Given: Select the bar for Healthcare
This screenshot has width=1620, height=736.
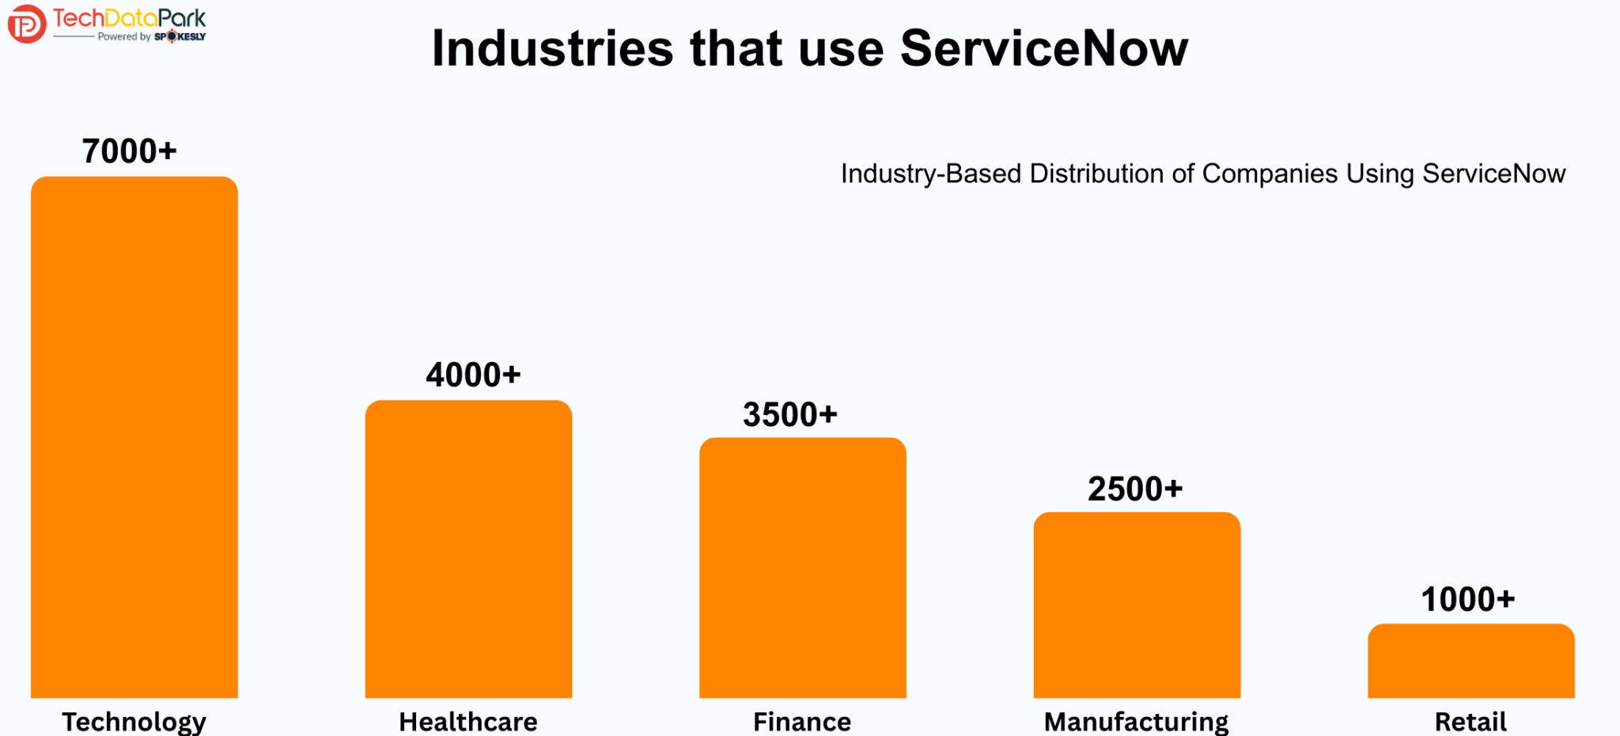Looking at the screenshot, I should [x=468, y=549].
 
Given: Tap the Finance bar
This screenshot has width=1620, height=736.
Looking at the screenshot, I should [x=802, y=568].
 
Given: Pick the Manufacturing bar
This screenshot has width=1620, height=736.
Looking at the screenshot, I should [x=1137, y=605].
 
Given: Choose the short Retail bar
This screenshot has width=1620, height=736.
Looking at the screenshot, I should [x=1470, y=661].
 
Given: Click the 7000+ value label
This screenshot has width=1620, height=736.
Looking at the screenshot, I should [x=130, y=151].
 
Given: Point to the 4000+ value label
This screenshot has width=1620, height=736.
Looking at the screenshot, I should [x=473, y=375].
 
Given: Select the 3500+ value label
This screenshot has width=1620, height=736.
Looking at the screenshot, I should [x=789, y=414].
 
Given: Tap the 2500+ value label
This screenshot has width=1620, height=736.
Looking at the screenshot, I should [x=1135, y=489].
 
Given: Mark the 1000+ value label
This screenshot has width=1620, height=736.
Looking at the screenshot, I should [x=1468, y=599].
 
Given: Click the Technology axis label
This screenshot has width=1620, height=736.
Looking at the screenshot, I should [x=134, y=722].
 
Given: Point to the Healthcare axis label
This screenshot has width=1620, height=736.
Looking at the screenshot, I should [x=468, y=722].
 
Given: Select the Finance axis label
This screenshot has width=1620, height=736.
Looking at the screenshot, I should [x=802, y=722].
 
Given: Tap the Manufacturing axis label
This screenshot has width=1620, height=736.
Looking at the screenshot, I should [x=1136, y=722].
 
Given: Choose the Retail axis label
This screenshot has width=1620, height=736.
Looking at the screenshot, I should [x=1470, y=722].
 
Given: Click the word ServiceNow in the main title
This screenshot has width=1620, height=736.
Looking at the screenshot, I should [x=1044, y=49].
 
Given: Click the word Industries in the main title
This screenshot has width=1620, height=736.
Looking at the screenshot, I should [x=552, y=49].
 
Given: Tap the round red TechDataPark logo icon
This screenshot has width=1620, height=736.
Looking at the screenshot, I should [x=26, y=24].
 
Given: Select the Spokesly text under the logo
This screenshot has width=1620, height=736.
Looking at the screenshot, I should [x=180, y=36].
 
